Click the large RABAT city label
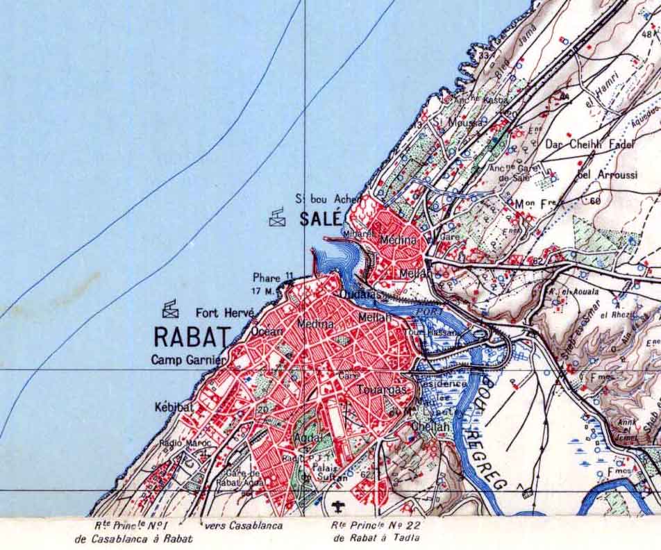tap(190, 337)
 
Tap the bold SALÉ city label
tap(321, 219)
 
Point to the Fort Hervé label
tap(224, 312)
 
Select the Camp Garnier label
tap(187, 360)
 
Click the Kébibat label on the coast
tap(174, 408)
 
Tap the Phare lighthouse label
tap(267, 278)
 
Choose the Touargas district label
tap(381, 390)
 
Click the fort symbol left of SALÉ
tap(278, 217)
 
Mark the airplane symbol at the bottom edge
tap(339, 505)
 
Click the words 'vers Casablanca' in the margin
tap(243, 526)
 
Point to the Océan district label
tap(267, 331)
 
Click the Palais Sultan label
tap(319, 472)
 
